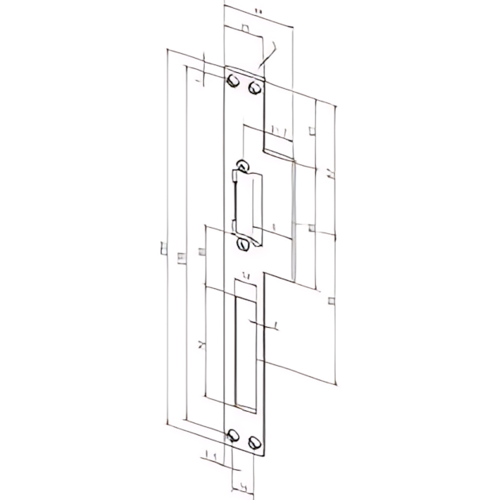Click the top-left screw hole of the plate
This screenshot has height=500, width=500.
tap(234, 83)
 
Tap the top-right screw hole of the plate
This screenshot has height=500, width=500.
tap(254, 87)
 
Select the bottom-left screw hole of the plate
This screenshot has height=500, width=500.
tap(233, 435)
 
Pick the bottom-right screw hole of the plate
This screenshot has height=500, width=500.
tap(254, 441)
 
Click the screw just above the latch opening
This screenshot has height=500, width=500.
tap(242, 167)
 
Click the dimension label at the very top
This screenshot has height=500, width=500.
tap(258, 10)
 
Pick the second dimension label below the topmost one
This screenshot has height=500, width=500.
tap(245, 29)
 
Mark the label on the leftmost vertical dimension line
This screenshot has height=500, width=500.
tap(163, 251)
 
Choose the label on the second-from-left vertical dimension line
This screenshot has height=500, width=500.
tap(181, 255)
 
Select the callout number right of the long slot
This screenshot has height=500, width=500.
tap(272, 325)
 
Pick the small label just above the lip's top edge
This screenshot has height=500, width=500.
tap(276, 129)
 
